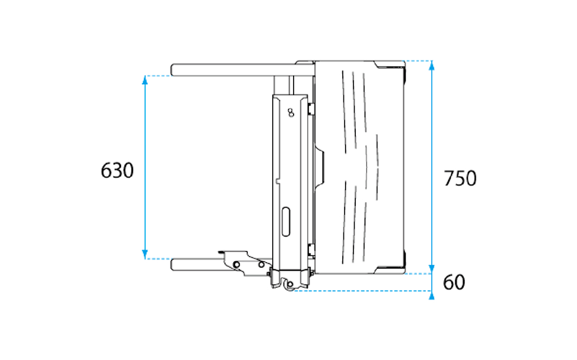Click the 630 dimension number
(x=117, y=171)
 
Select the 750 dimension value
(x=460, y=178)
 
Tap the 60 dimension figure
(x=454, y=282)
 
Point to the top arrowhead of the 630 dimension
(x=145, y=80)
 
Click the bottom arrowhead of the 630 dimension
(x=145, y=254)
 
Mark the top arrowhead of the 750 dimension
(x=432, y=65)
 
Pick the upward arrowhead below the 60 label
(x=432, y=295)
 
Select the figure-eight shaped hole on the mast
(x=291, y=113)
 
